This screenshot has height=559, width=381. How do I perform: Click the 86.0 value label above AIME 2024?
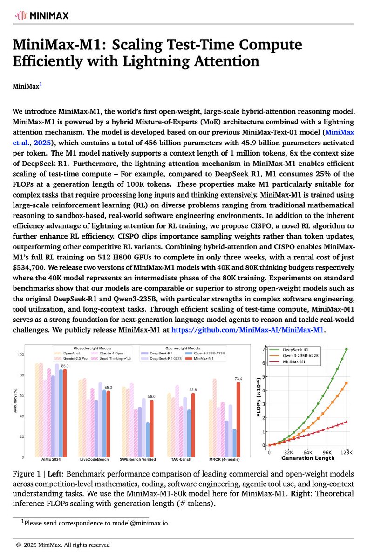coord(64,366)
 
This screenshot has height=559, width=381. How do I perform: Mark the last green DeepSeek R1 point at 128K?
coord(346,349)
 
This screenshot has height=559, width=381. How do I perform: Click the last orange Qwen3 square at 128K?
coord(346,383)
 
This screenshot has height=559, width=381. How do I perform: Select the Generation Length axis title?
coord(307,458)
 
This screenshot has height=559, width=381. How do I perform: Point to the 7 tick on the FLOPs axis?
coord(264,349)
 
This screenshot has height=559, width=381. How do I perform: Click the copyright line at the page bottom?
coord(63,544)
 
